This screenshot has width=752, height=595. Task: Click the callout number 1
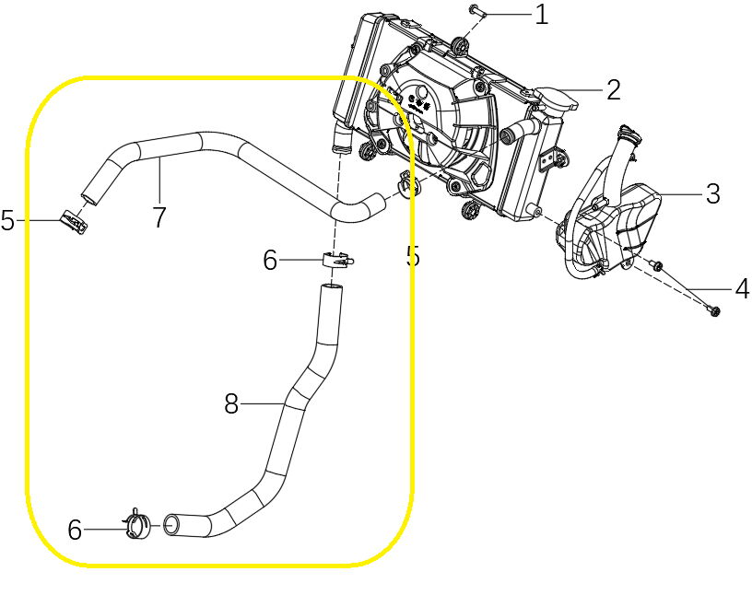click(541, 14)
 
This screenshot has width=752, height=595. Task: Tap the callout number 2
click(613, 89)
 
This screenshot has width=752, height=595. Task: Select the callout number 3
click(711, 193)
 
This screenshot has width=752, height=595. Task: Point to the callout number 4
click(741, 289)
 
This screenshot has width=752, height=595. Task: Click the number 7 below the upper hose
click(159, 217)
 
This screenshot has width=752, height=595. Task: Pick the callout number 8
click(231, 403)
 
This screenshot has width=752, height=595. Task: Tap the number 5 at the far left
click(8, 221)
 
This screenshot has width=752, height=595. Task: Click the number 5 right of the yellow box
click(412, 257)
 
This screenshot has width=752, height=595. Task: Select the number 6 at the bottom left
click(75, 530)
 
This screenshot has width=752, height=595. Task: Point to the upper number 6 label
click(269, 261)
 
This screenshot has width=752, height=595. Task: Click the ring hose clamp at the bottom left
click(138, 526)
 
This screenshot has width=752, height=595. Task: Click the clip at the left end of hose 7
click(73, 221)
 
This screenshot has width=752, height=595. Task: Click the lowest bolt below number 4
click(716, 311)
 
